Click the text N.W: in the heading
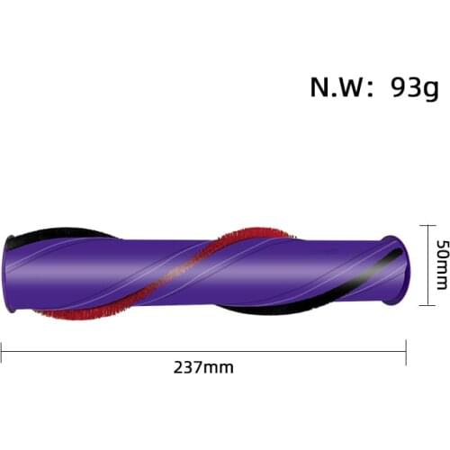click(x=340, y=87)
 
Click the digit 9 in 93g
click(x=400, y=87)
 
